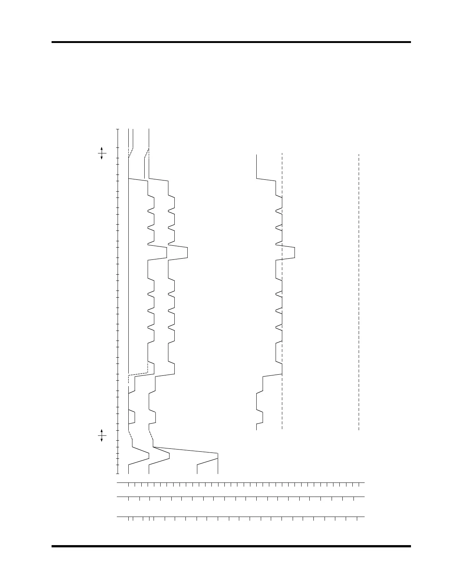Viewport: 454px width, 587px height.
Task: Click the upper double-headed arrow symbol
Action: [102, 153]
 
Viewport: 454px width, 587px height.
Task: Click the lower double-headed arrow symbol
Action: [102, 435]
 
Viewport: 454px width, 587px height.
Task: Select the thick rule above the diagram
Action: [231, 42]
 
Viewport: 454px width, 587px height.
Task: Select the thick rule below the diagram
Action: [231, 546]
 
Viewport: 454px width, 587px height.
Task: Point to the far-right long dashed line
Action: [359, 292]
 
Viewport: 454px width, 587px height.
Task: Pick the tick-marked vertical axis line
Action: [118, 301]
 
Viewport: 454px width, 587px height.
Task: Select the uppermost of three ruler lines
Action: [241, 483]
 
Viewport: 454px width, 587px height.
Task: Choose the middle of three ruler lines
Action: [241, 497]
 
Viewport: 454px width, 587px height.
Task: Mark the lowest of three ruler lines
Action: [241, 516]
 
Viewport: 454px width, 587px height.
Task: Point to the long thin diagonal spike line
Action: [185, 450]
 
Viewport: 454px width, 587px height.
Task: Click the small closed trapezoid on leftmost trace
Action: [132, 417]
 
